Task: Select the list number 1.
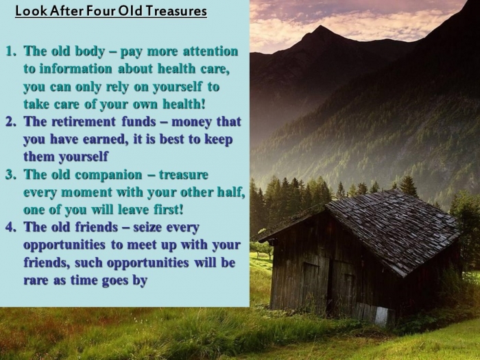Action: pyautogui.click(x=11, y=51)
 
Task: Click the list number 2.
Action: pyautogui.click(x=11, y=121)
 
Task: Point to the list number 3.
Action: pyautogui.click(x=11, y=174)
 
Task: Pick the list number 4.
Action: pyautogui.click(x=11, y=227)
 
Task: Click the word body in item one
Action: pyautogui.click(x=90, y=51)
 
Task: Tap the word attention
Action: pyautogui.click(x=211, y=51)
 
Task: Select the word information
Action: pyautogui.click(x=76, y=69)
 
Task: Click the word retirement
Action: pyautogui.click(x=84, y=121)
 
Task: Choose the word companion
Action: pyautogui.click(x=108, y=175)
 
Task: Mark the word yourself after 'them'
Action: pyautogui.click(x=83, y=157)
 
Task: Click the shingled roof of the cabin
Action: pyautogui.click(x=392, y=230)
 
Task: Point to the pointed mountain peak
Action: pyautogui.click(x=320, y=27)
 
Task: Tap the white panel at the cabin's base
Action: pyautogui.click(x=382, y=316)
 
